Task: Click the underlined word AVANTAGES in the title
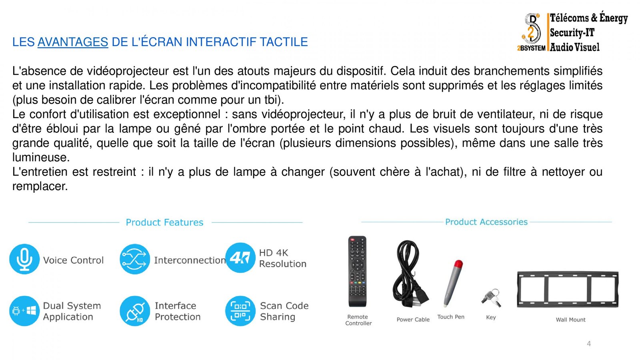tap(73, 42)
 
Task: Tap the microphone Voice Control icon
tap(24, 259)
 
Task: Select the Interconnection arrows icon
tap(135, 259)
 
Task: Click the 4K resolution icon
tap(240, 258)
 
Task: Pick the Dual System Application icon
tap(24, 311)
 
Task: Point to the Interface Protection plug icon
tap(135, 311)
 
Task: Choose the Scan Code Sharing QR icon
tap(240, 311)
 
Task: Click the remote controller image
tap(357, 272)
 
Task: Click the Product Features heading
tap(164, 222)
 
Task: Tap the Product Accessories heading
tap(486, 222)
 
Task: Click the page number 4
tap(589, 344)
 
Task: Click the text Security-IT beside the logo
tap(572, 32)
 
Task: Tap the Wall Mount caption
tap(570, 320)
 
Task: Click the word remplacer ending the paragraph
tap(40, 186)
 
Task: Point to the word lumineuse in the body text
tap(41, 158)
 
